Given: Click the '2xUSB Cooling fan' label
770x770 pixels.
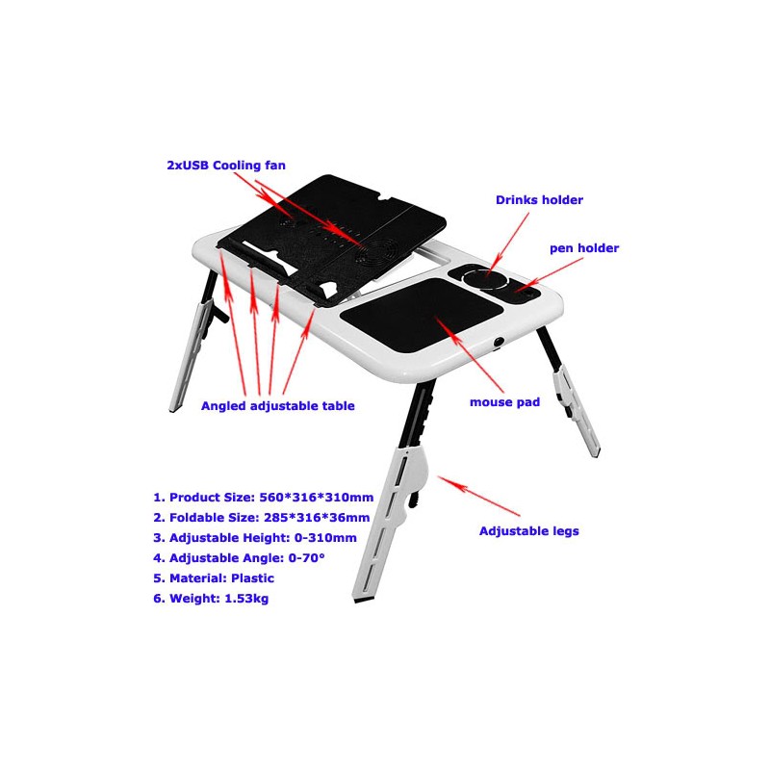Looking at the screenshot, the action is point(226,166).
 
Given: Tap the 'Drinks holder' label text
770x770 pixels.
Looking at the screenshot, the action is point(539,200).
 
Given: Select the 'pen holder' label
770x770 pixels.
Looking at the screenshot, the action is point(584,248).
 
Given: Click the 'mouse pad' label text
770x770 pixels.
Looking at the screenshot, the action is point(504,402).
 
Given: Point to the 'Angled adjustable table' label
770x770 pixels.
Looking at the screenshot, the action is point(278,406).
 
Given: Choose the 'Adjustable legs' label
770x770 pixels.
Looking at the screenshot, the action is point(528,531).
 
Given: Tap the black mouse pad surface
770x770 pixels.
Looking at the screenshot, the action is point(422,315).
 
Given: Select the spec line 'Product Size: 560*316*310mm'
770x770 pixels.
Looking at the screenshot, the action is point(263,498).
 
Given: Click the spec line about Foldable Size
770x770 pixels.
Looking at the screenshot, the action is point(261,518).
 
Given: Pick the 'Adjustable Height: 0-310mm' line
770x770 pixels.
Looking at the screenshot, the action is point(255,538).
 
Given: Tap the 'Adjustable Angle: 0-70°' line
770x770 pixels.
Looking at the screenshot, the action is point(239,558).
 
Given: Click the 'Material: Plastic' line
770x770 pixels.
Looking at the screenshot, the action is point(214,578).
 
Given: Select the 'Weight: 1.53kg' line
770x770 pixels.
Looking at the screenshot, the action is point(211,599).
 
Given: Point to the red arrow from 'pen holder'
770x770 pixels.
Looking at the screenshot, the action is point(549,274).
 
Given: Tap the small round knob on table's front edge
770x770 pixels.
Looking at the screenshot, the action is point(499,341).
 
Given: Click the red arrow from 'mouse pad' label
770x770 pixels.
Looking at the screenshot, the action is point(470,353).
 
